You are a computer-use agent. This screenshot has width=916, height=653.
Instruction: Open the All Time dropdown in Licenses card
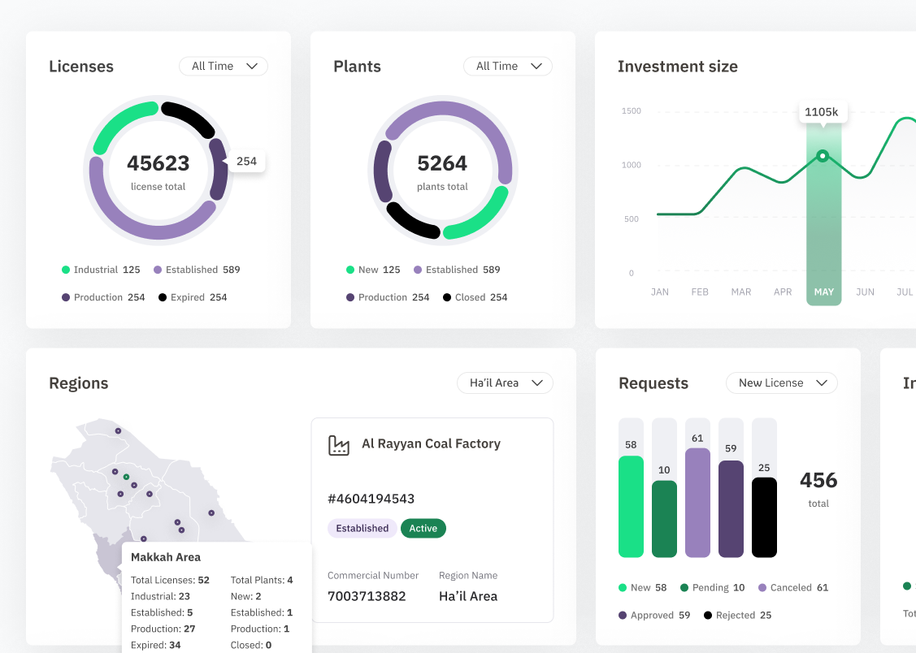click(224, 66)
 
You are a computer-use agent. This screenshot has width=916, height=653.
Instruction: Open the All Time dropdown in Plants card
click(508, 66)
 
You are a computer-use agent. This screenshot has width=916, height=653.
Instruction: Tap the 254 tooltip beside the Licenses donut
click(246, 161)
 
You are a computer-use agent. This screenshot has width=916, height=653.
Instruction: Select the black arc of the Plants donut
click(410, 223)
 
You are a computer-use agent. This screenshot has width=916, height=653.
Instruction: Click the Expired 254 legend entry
click(193, 297)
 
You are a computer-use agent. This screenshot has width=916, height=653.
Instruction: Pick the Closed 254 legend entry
click(475, 297)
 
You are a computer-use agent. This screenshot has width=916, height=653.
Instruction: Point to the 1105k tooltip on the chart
click(823, 112)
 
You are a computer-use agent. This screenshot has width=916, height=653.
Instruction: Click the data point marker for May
click(823, 156)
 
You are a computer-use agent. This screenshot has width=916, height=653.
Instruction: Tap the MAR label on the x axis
click(740, 292)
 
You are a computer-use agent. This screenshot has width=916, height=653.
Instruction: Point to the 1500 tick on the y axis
click(631, 111)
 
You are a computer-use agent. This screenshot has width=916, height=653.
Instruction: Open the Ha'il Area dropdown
click(505, 383)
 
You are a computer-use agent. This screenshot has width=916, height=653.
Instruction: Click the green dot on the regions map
click(126, 477)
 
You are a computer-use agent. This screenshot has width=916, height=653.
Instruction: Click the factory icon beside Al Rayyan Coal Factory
click(339, 445)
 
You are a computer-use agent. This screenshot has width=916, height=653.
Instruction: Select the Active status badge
click(423, 528)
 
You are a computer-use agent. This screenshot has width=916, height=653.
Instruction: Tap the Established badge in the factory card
click(362, 528)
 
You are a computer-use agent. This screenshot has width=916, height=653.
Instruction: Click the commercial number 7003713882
click(367, 596)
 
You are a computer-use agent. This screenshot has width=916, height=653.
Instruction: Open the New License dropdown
click(782, 383)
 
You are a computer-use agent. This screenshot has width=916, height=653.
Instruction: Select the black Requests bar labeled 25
click(764, 517)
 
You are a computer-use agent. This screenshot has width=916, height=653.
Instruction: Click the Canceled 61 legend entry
click(793, 588)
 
